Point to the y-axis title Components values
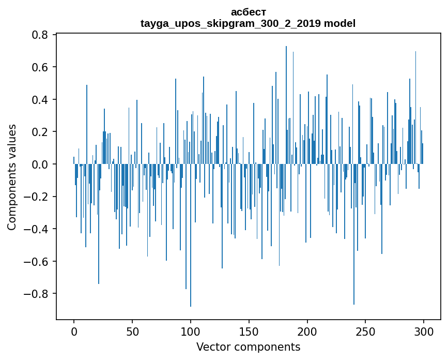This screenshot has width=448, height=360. (12, 177)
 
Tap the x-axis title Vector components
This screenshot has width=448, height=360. (248, 347)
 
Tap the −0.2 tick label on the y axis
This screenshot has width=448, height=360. (37, 197)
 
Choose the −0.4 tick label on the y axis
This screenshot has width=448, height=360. (37, 229)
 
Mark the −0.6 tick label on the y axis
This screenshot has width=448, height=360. (37, 261)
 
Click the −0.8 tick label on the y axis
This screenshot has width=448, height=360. (37, 294)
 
